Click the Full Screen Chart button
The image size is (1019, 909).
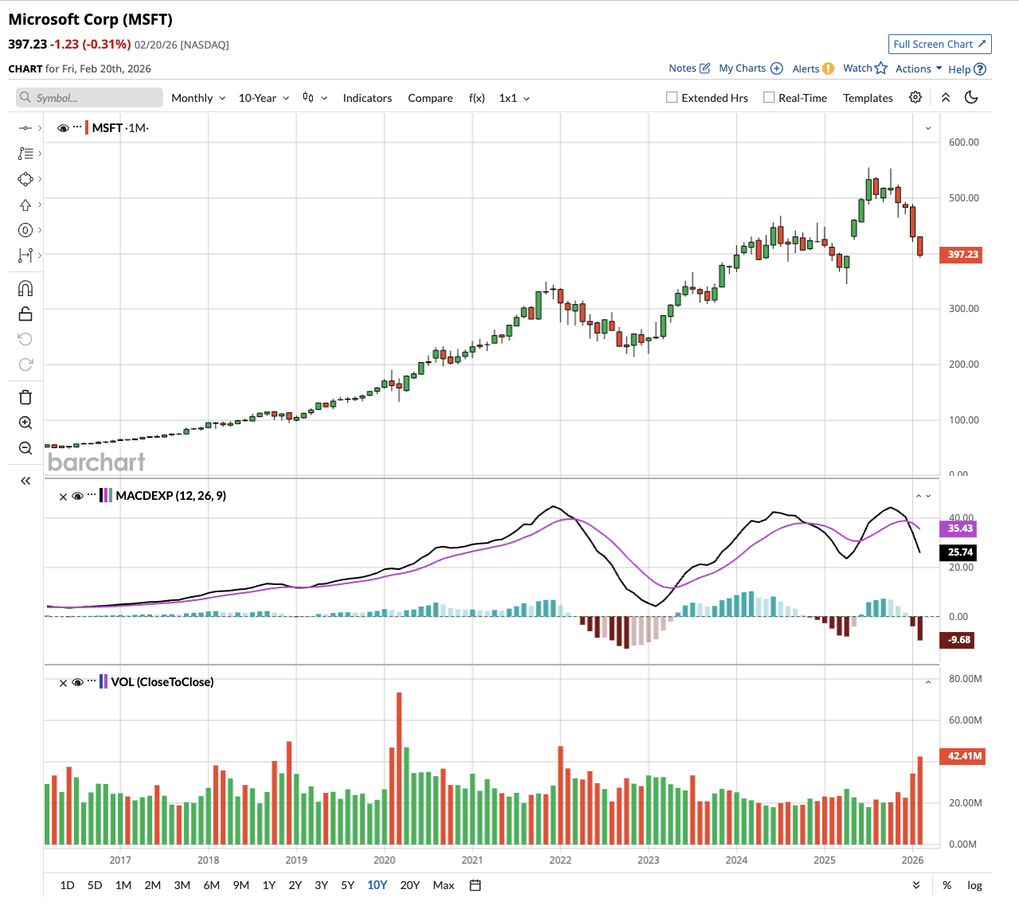click(939, 45)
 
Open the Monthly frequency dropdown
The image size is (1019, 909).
click(198, 98)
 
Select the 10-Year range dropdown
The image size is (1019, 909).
click(264, 98)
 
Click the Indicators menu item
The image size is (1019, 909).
click(367, 98)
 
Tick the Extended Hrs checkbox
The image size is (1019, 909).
click(672, 98)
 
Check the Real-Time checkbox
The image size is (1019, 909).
click(769, 98)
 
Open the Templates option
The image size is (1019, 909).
click(868, 98)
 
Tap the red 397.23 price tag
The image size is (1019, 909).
click(962, 255)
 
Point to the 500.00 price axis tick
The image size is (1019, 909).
click(963, 198)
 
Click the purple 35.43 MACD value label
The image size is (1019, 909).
click(960, 529)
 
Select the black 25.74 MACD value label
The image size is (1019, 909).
click(960, 552)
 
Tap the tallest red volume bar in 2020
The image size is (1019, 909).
click(399, 768)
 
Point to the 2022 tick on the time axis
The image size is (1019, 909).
click(560, 860)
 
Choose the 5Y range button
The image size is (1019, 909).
click(348, 885)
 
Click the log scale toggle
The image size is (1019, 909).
click(974, 885)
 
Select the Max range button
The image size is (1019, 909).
click(443, 885)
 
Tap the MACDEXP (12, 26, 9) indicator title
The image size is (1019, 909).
click(170, 496)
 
